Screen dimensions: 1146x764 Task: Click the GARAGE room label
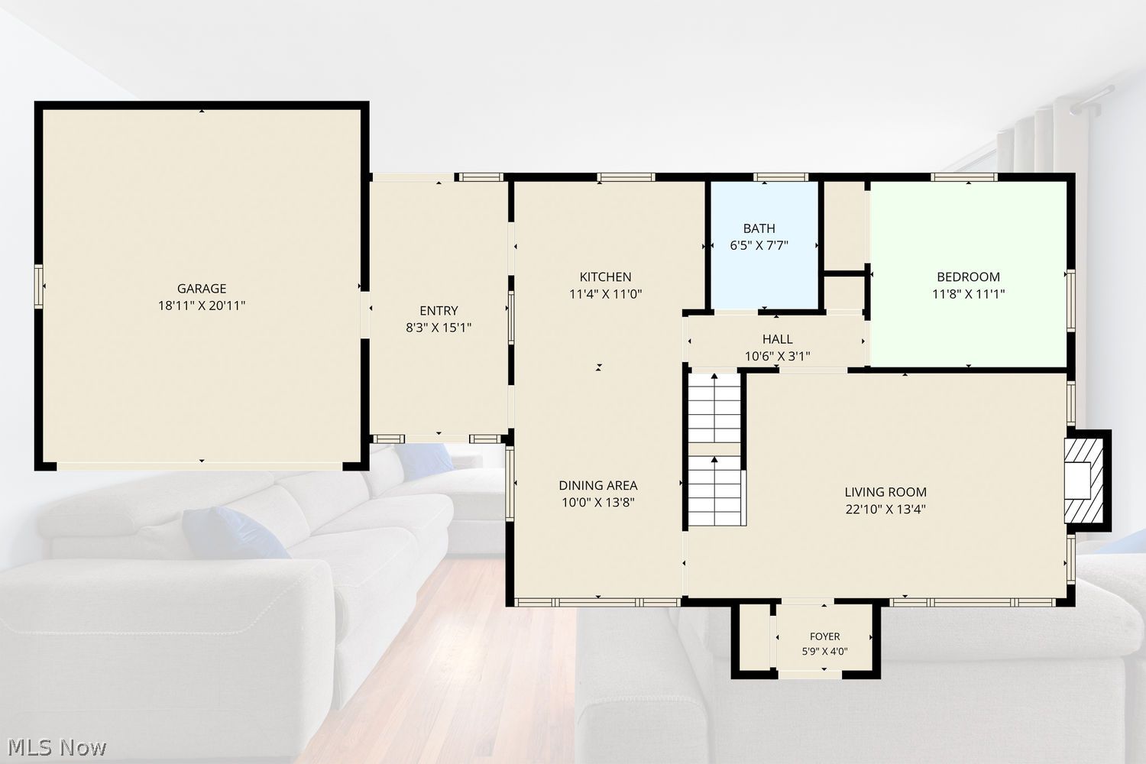point(202,288)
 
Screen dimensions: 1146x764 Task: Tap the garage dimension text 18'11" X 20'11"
point(202,306)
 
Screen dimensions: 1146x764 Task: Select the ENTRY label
point(439,311)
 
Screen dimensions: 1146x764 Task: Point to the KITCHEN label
point(605,277)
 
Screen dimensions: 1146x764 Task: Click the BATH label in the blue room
point(759,228)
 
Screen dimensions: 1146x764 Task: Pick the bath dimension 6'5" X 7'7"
point(759,245)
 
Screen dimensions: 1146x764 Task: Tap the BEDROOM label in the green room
point(968,277)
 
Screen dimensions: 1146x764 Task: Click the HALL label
point(778,338)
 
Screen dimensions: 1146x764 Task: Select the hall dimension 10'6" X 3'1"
point(778,356)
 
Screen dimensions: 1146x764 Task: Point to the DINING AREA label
point(598,485)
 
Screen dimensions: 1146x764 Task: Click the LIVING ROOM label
point(885,492)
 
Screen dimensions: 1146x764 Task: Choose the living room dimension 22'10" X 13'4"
point(885,509)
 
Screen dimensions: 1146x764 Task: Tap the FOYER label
point(824,636)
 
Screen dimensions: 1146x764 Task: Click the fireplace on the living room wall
point(1083,481)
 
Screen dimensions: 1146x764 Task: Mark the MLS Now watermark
point(57,748)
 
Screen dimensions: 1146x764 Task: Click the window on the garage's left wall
point(38,286)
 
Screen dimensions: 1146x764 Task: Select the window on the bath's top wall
point(780,177)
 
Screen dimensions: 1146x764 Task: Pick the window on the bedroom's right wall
point(1071,301)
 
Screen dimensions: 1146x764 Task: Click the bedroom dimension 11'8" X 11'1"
point(968,293)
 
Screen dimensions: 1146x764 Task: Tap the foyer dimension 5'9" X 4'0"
point(824,652)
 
